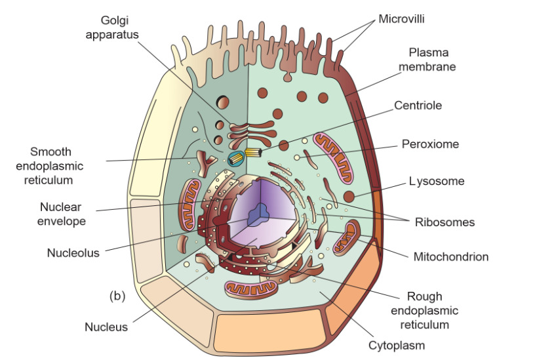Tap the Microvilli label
pyautogui.click(x=401, y=19)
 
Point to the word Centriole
pyautogui.click(x=418, y=105)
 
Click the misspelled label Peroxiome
pyautogui.click(x=430, y=144)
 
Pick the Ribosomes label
pyautogui.click(x=445, y=222)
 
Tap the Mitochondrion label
pyautogui.click(x=450, y=256)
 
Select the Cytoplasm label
pyautogui.click(x=396, y=345)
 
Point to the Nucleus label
pyautogui.click(x=106, y=327)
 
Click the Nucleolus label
pyautogui.click(x=73, y=252)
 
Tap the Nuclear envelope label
pyautogui.click(x=61, y=214)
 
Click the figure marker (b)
pyautogui.click(x=117, y=296)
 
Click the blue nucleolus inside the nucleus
pyautogui.click(x=263, y=211)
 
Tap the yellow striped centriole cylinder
pyautogui.click(x=252, y=155)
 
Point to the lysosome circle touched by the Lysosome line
pyautogui.click(x=349, y=195)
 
